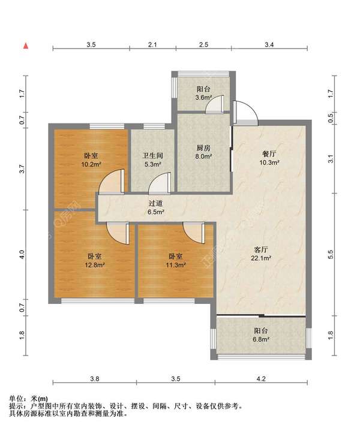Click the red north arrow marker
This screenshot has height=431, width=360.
(26, 46)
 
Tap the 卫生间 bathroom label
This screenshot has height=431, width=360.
(153, 156)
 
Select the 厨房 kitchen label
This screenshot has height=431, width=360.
(203, 148)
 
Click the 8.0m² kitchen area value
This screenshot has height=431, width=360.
(203, 156)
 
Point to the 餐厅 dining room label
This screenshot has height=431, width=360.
(269, 153)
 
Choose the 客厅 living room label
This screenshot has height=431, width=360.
(260, 250)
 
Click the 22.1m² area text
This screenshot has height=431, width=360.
(261, 258)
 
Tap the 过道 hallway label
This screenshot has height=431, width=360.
(156, 203)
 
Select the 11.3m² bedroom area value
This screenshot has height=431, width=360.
(176, 265)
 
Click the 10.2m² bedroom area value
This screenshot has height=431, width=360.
(91, 164)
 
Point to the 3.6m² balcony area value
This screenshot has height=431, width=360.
(203, 97)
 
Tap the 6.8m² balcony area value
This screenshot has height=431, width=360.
(260, 339)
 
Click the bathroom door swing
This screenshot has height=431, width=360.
(160, 183)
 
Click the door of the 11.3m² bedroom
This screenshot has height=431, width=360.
(194, 233)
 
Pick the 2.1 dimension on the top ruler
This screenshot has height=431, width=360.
(152, 44)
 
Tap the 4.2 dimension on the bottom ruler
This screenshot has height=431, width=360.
(261, 379)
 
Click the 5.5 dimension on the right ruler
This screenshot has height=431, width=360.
(331, 254)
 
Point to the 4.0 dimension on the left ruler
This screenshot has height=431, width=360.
(22, 254)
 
